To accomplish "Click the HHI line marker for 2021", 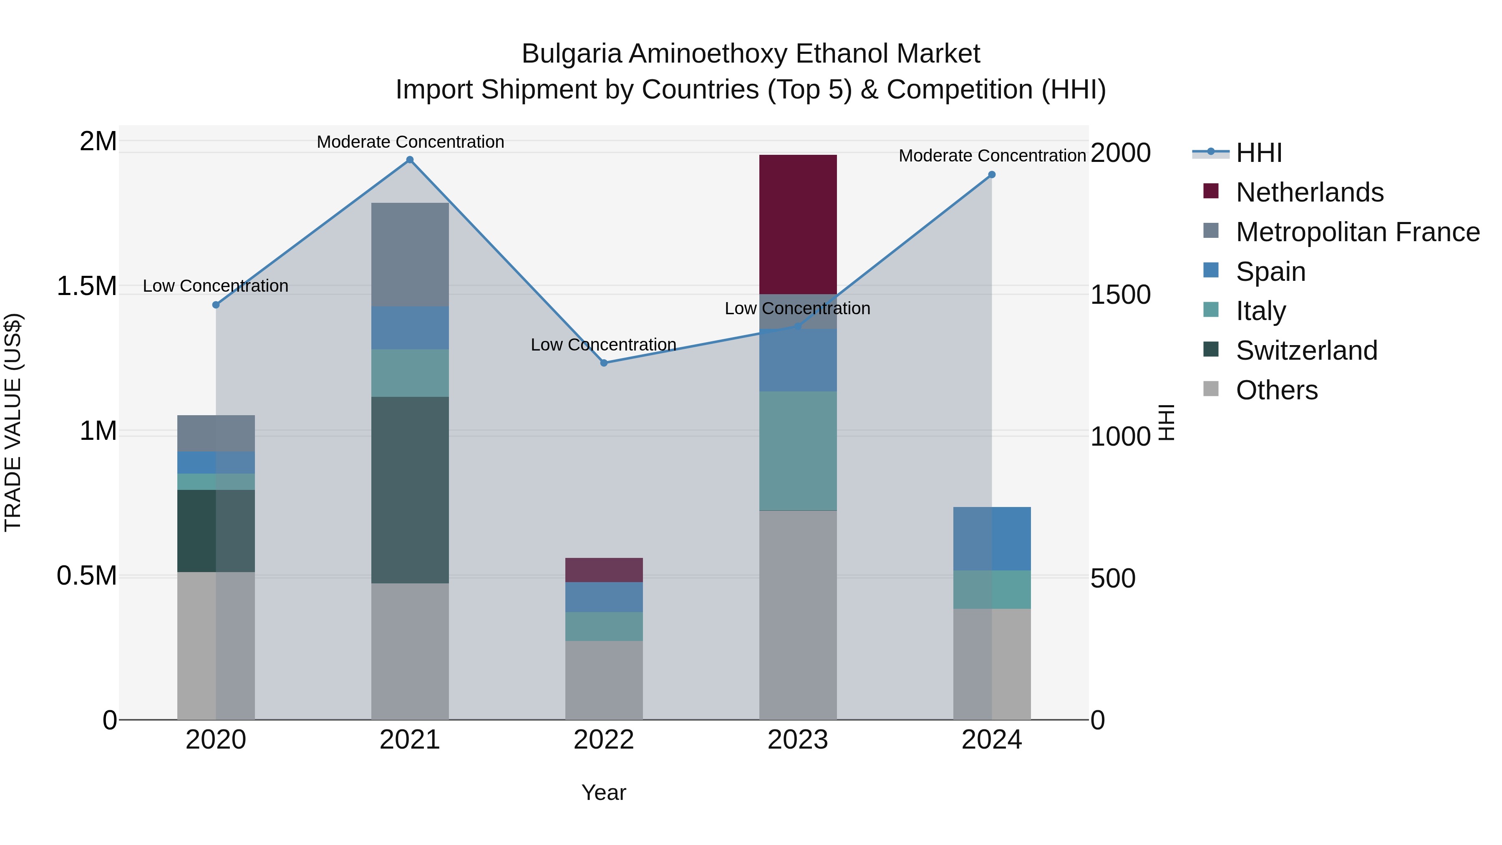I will [x=410, y=160].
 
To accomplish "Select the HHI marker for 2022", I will [x=604, y=363].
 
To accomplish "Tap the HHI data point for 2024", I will [x=992, y=175].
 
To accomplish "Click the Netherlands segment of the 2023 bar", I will [x=798, y=224].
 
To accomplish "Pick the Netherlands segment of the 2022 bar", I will [x=604, y=570].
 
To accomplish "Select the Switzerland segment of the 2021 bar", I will [x=410, y=490].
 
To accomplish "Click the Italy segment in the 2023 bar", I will [x=798, y=451].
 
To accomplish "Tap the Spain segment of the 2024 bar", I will [x=992, y=538].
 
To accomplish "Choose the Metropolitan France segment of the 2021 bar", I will [x=410, y=254].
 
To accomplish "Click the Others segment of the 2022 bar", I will [x=604, y=680].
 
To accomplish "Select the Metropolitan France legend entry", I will [x=1357, y=232].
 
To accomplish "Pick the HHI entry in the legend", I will [x=1258, y=153].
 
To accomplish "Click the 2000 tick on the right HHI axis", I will [x=1120, y=153].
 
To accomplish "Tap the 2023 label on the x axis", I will [x=798, y=740].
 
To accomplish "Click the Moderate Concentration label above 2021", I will [x=410, y=142].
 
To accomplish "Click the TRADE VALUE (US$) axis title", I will [x=13, y=422].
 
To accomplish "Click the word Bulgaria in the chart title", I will [x=572, y=54].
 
